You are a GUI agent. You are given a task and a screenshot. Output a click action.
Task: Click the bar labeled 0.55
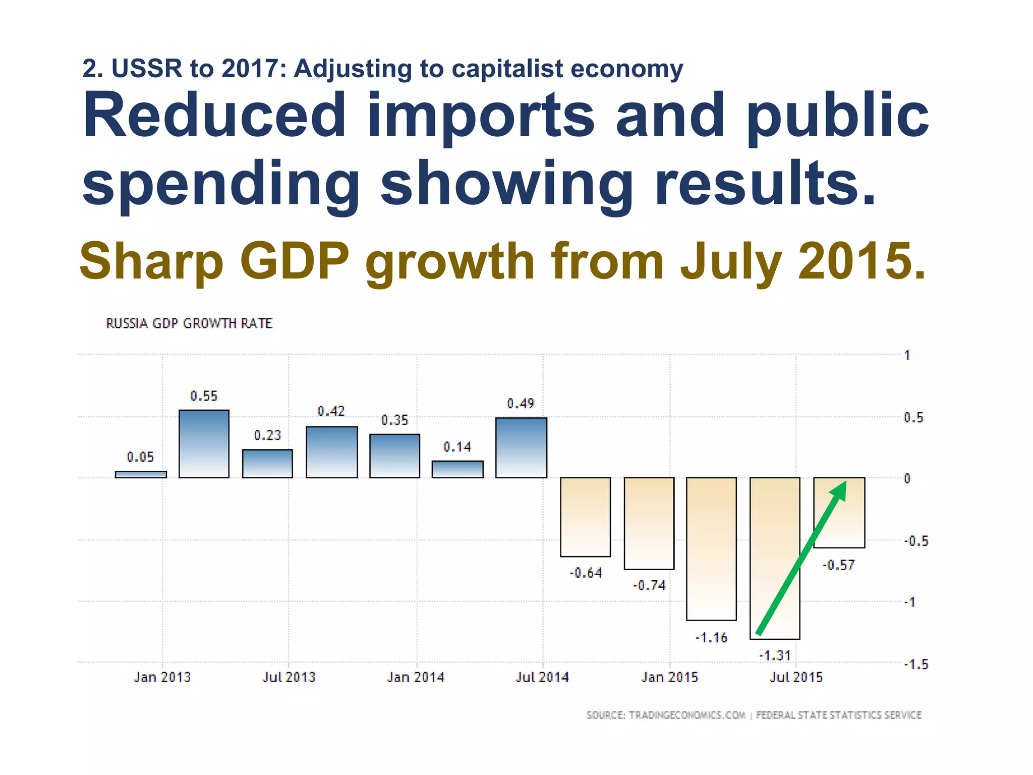coord(204,444)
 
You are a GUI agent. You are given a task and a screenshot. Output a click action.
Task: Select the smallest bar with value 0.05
coord(141,474)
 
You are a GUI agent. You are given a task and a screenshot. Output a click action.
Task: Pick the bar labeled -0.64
coord(585,517)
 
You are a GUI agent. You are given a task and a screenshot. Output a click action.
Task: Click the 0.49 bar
coord(521,448)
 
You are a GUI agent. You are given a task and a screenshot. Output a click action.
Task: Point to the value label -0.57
coord(838,565)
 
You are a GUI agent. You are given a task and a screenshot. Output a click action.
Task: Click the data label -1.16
coord(711,638)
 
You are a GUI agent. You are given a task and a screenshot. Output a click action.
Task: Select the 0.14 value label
coord(457,447)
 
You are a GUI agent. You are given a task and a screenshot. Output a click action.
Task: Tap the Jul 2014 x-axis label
coord(542,677)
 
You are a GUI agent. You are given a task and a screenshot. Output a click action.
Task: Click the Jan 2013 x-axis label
coord(162,677)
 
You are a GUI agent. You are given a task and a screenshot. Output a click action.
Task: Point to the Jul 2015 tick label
coord(796,677)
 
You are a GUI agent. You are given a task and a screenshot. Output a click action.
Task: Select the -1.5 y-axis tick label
coord(915,665)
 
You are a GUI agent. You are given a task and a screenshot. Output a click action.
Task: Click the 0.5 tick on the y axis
coord(913,418)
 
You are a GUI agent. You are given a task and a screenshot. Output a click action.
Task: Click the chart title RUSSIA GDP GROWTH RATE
coord(189,323)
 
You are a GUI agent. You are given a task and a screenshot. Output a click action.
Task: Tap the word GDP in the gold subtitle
coord(294,261)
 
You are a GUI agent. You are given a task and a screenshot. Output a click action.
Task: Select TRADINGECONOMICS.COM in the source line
coord(687,715)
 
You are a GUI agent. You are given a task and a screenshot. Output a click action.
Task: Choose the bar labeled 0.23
coord(267,464)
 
